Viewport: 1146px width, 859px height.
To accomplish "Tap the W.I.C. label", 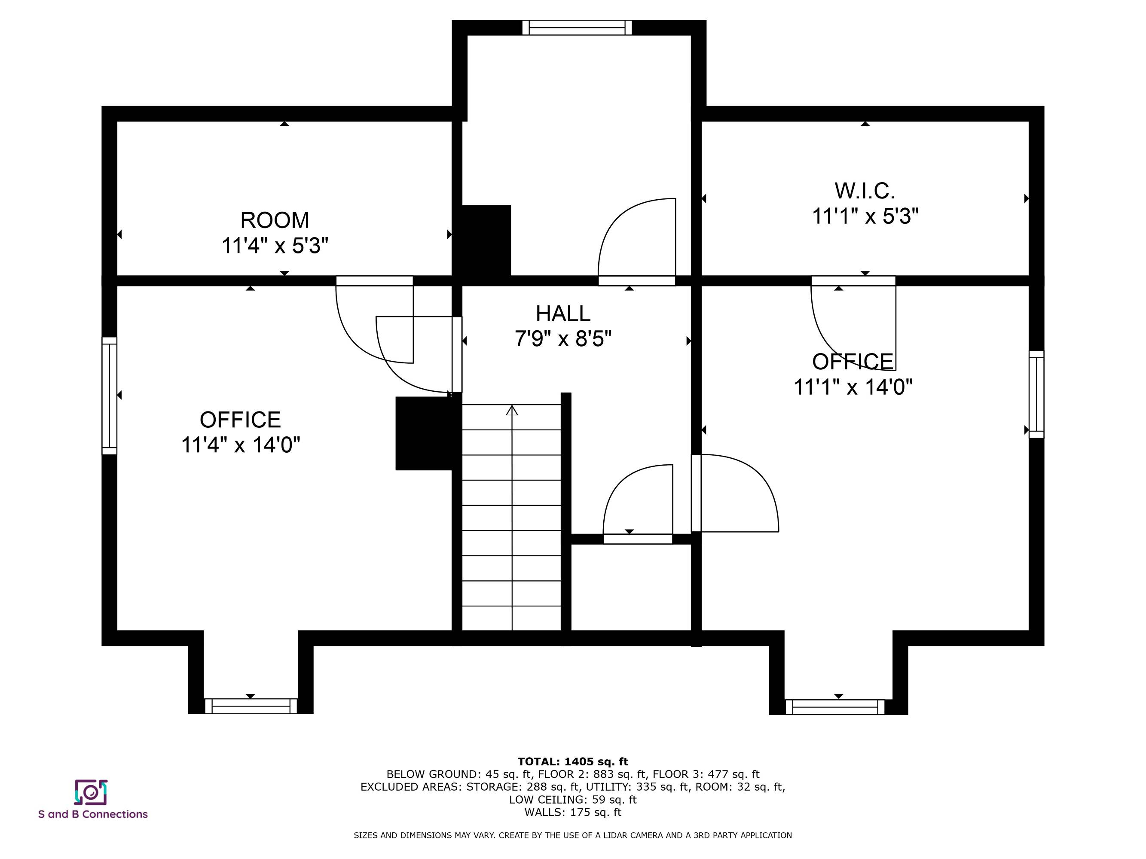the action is point(865,191).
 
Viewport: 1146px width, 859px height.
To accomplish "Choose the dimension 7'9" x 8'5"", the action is point(563,339).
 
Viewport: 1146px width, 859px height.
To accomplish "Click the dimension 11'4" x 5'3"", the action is point(275,245).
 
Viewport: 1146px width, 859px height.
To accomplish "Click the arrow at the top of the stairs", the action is point(512,410).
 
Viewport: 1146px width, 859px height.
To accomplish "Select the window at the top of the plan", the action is point(577,27).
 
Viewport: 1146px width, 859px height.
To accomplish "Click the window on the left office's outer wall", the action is point(109,396).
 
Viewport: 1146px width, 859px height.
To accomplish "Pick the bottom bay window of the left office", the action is point(251,706).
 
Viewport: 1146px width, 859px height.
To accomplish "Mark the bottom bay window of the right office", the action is point(835,707).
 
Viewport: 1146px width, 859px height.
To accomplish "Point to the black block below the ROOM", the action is point(483,241).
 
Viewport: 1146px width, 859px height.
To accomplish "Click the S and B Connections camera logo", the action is point(91,792).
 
